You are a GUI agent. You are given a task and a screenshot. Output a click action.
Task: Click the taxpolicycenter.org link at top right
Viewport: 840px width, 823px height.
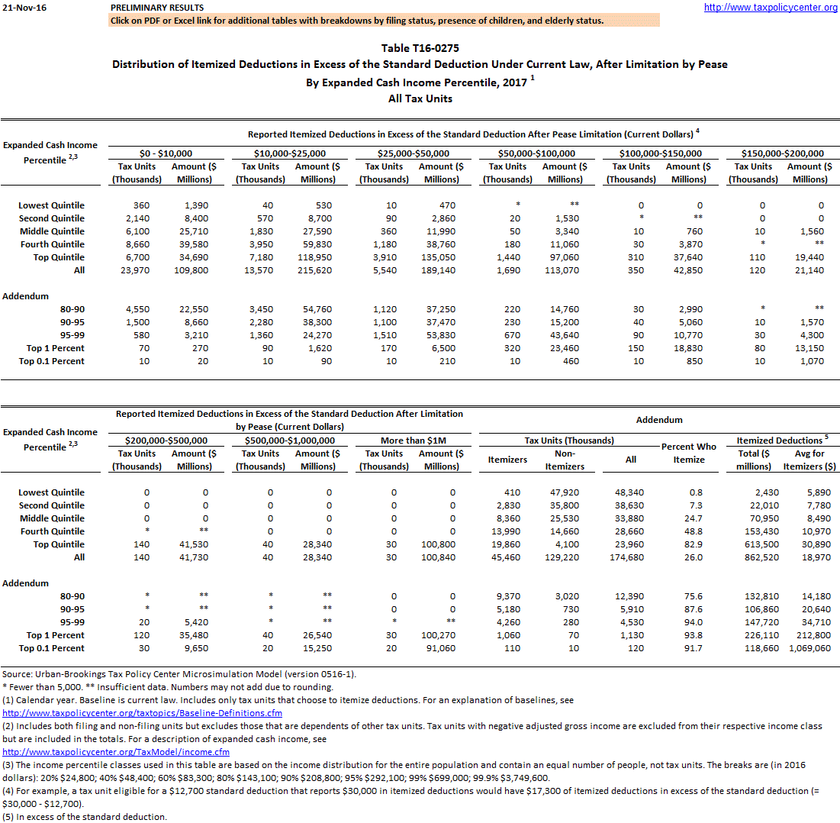point(771,8)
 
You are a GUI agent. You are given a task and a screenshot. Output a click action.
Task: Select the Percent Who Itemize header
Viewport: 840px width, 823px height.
point(689,453)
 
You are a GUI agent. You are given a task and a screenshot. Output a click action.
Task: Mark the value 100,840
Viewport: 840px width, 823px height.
point(440,557)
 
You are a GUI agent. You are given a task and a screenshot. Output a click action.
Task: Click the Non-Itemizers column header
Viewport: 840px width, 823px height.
point(565,460)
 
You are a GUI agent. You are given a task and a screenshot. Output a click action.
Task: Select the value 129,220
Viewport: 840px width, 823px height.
point(564,557)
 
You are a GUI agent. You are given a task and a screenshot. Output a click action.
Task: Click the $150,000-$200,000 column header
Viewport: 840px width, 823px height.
point(783,153)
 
